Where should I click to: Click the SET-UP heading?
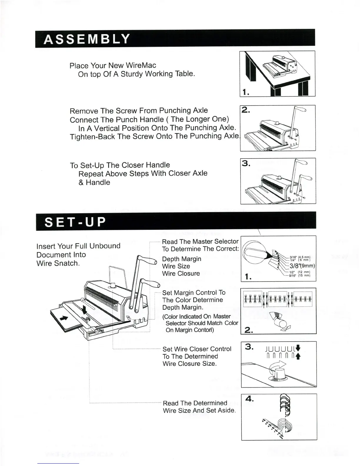[75, 222]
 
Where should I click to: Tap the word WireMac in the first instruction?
[141, 65]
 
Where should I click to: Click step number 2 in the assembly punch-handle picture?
[245, 110]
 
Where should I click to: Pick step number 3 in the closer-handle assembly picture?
[246, 163]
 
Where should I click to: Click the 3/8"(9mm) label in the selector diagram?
[302, 266]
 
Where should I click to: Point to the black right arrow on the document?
[64, 318]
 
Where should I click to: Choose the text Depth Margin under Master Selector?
[182, 259]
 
